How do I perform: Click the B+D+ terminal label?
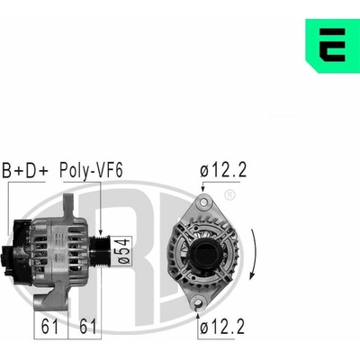(25, 170)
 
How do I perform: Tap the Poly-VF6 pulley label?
(91, 171)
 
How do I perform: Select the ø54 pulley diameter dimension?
(123, 250)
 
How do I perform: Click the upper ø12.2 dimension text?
(223, 170)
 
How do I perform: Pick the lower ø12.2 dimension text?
(222, 327)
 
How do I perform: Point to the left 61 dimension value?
(49, 326)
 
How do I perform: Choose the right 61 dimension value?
(88, 326)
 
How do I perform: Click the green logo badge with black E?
(332, 46)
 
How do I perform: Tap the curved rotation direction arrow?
(254, 254)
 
